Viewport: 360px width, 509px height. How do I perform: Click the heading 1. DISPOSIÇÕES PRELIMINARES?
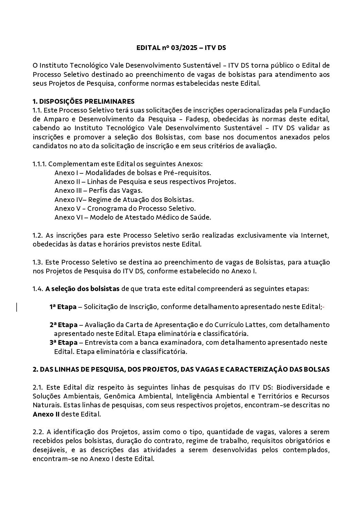click(x=83, y=101)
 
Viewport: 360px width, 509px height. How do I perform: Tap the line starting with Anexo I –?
click(x=133, y=173)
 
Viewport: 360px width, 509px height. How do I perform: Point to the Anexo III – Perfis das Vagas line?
click(x=98, y=190)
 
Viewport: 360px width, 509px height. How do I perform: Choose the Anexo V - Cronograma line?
click(x=125, y=208)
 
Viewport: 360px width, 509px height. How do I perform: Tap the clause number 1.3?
click(x=37, y=262)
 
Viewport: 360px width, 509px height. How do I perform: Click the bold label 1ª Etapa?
click(x=63, y=307)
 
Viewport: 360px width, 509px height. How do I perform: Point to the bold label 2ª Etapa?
click(x=64, y=325)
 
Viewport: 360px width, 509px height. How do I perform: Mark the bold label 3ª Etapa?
click(x=64, y=342)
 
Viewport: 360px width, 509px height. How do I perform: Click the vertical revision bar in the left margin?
click(x=17, y=307)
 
